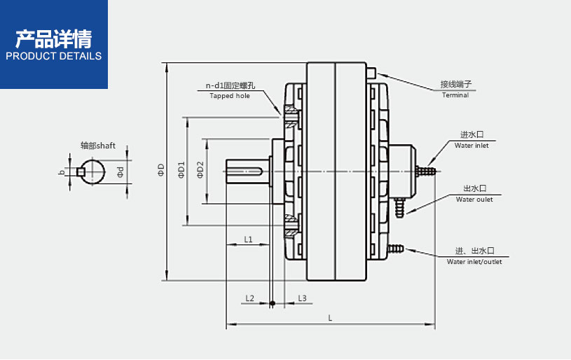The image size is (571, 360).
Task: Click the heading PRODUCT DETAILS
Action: [53, 56]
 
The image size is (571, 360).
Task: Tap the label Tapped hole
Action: [230, 96]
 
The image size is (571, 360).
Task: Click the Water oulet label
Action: [474, 200]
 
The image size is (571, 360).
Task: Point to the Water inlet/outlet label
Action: [474, 262]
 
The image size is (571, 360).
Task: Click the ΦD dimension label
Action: [161, 170]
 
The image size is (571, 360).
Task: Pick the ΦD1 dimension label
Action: [181, 170]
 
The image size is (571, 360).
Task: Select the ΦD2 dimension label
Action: [200, 170]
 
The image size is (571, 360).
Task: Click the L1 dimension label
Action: [248, 240]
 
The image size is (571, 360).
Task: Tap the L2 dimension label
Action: [250, 298]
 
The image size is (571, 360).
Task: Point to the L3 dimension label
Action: [303, 298]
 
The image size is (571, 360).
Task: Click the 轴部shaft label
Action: [97, 146]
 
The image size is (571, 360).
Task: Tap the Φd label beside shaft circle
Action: [120, 172]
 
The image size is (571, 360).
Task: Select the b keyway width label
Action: [62, 172]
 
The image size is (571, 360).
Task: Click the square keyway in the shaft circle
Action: [82, 172]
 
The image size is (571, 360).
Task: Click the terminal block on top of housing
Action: [370, 71]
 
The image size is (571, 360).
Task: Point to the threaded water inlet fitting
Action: [425, 169]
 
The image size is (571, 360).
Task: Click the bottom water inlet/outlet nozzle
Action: [397, 248]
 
